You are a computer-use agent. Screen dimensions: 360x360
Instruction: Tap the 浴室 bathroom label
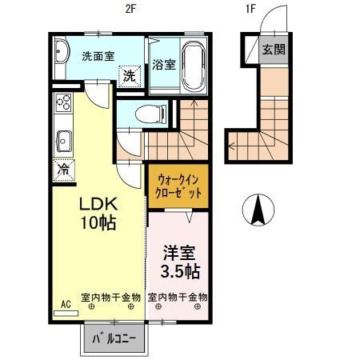pyautogui.click(x=164, y=65)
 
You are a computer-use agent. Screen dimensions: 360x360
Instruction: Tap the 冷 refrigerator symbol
pyautogui.click(x=63, y=170)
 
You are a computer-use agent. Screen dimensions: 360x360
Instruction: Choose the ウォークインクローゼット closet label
pyautogui.click(x=178, y=186)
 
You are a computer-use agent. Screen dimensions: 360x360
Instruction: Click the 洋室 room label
pyautogui.click(x=179, y=250)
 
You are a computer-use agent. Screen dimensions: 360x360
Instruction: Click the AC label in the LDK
pyautogui.click(x=65, y=305)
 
